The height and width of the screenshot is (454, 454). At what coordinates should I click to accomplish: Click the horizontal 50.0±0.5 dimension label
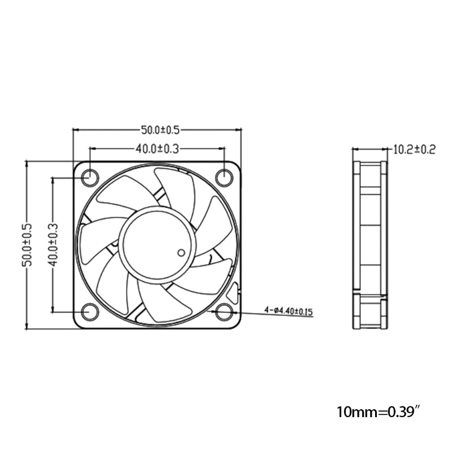pyautogui.click(x=157, y=130)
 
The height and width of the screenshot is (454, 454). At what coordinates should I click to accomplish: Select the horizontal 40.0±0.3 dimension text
pyautogui.click(x=157, y=149)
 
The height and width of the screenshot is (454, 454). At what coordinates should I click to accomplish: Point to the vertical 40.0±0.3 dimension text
pyautogui.click(x=53, y=245)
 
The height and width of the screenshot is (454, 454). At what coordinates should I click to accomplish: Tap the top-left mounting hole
pyautogui.click(x=89, y=178)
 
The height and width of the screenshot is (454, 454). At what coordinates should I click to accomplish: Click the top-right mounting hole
pyautogui.click(x=225, y=178)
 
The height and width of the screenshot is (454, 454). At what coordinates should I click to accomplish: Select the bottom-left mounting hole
pyautogui.click(x=89, y=312)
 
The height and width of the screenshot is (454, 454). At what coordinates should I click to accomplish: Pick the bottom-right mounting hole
pyautogui.click(x=225, y=312)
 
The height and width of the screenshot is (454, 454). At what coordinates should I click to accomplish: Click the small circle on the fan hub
pyautogui.click(x=181, y=252)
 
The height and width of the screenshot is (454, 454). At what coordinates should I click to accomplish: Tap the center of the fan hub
pyautogui.click(x=157, y=245)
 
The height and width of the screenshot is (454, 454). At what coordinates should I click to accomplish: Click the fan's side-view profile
pyautogui.click(x=369, y=244)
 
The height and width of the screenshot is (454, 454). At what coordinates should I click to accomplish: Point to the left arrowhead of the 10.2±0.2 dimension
pyautogui.click(x=355, y=150)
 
